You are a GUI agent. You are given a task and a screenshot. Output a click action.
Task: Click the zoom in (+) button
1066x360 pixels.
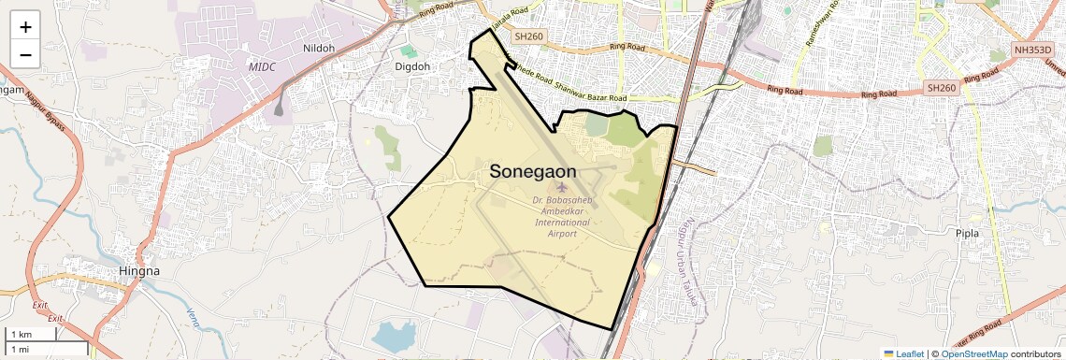25,27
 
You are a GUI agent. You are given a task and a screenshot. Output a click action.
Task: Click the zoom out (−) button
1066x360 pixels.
25,55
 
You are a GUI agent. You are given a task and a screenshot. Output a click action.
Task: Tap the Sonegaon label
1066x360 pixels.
533,172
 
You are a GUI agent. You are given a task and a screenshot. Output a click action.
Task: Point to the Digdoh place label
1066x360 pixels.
412,67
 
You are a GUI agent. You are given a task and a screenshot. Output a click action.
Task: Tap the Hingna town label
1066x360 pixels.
140,271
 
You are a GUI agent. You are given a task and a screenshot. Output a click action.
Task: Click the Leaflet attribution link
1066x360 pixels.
903,353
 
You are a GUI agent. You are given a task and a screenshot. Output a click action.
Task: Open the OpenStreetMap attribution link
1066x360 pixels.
973,353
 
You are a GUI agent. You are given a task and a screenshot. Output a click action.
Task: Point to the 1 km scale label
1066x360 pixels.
21,335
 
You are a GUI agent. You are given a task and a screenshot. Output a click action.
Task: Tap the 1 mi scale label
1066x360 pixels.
21,349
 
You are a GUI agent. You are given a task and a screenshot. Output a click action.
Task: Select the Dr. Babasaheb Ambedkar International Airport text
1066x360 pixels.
562,215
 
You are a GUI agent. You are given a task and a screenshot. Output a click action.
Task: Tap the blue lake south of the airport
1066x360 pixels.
394,335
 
